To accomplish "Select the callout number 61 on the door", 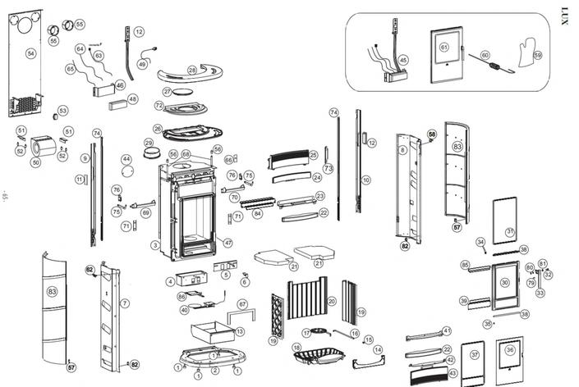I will [x=444, y=47].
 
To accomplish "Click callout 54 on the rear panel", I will [x=31, y=53].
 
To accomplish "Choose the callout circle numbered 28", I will [x=191, y=71].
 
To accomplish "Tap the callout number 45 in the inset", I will [x=402, y=60].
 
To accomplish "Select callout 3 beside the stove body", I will [x=154, y=244].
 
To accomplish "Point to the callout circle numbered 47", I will [x=227, y=243].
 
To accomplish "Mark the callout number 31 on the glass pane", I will [x=510, y=232].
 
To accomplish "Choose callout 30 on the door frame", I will [x=505, y=282].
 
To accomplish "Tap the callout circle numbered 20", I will [x=332, y=302].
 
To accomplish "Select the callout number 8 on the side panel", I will [x=403, y=151].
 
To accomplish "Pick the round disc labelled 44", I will [x=127, y=172].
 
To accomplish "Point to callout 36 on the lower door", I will [x=510, y=350].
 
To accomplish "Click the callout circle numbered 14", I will [x=379, y=350].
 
